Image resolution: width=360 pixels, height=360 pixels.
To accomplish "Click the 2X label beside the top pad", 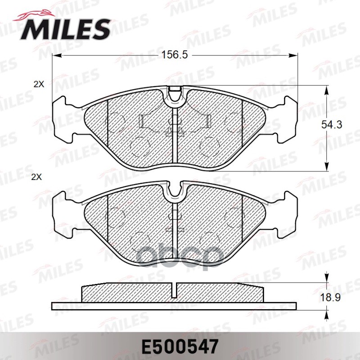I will [x=39, y=84].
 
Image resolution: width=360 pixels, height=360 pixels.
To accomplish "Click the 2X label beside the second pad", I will [x=36, y=177].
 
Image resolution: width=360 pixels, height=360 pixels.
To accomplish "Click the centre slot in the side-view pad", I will [x=175, y=290].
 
